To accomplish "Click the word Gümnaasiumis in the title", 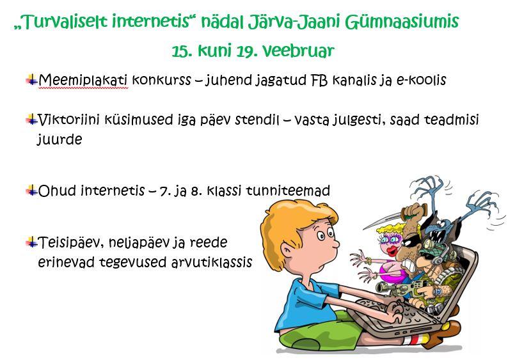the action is [402, 22].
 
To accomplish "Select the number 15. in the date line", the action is [182, 51].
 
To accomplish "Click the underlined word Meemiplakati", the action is [83, 80].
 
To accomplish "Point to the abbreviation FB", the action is [319, 80].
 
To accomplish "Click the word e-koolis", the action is [422, 80].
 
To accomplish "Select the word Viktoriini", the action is [68, 120].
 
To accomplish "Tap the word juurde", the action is [59, 139].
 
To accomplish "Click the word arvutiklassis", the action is [212, 262].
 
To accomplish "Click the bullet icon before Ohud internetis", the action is [31, 191].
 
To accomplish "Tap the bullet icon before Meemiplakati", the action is [31, 80].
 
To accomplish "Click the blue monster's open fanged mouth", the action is [437, 235].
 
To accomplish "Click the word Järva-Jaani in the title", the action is [293, 22].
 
